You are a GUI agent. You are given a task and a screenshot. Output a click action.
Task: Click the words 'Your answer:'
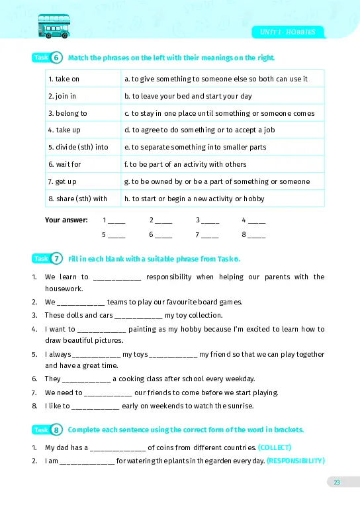click(x=66, y=220)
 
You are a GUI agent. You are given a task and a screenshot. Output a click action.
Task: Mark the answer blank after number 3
click(x=210, y=222)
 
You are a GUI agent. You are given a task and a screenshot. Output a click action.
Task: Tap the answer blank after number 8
click(x=257, y=236)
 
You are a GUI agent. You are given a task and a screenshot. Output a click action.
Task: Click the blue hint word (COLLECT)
click(x=275, y=447)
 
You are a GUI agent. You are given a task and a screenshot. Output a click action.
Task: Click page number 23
click(x=336, y=482)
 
